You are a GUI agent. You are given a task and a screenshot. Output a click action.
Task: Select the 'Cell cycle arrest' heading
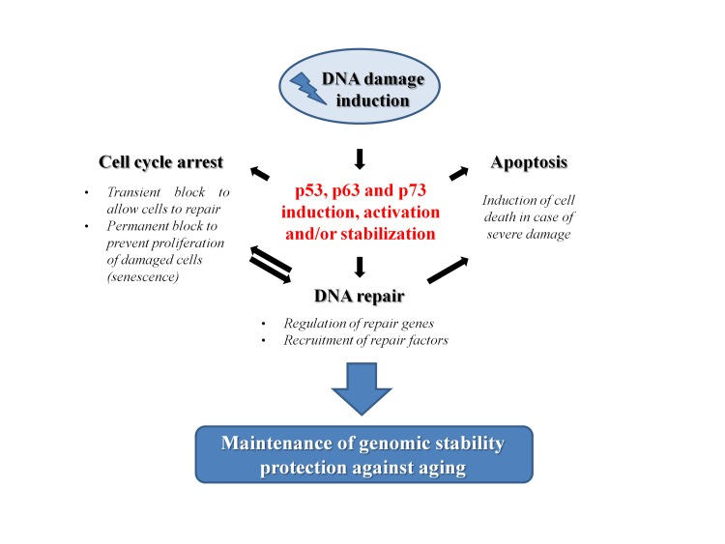coord(161,160)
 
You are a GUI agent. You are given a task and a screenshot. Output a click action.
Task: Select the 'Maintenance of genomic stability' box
coord(363,452)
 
